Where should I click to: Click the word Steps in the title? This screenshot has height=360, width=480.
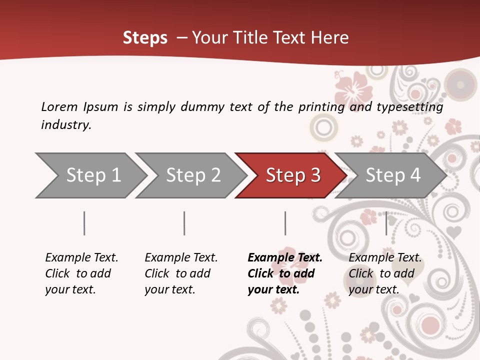coord(145,38)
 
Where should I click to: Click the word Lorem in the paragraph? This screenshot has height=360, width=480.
coord(59,107)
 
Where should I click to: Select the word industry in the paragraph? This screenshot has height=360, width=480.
coord(65,124)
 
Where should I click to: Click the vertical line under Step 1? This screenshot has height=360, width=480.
coord(84,223)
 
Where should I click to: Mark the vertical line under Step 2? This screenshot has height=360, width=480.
coord(184,223)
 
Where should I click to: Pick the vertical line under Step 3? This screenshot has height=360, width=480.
coord(285,223)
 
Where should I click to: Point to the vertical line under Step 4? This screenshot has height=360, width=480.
coord(386,223)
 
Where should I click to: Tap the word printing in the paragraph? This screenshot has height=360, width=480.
coord(321,107)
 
